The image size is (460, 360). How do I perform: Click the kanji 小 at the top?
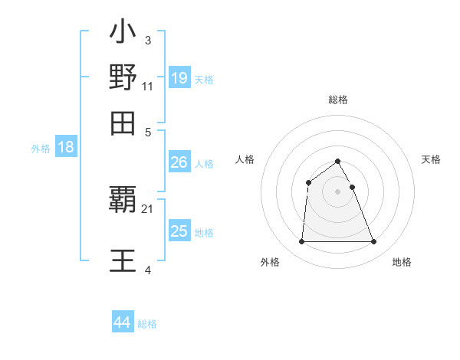(x=123, y=33)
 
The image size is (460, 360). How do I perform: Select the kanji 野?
(x=123, y=77)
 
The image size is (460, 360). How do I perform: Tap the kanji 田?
(x=123, y=123)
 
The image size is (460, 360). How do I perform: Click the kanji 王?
(x=123, y=259)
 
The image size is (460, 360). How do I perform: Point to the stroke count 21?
(x=148, y=208)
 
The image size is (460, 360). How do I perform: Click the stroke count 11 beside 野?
(x=148, y=86)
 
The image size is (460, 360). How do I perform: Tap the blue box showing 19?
(x=179, y=78)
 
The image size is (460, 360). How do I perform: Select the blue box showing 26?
(x=179, y=162)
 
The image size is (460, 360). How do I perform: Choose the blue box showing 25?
(x=179, y=231)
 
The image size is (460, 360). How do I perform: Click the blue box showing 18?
(x=66, y=148)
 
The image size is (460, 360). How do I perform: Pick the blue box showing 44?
(x=123, y=322)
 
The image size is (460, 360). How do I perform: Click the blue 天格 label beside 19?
(x=204, y=79)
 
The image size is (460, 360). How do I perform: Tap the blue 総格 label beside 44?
(x=147, y=323)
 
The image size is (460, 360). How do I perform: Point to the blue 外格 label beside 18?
(x=41, y=149)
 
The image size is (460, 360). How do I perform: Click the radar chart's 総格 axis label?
(x=337, y=100)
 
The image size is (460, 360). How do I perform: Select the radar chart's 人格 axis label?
(x=245, y=159)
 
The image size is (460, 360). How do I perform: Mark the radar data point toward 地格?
(x=374, y=242)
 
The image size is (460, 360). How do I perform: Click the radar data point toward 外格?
(x=301, y=242)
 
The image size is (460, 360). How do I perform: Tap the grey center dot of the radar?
(x=337, y=191)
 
